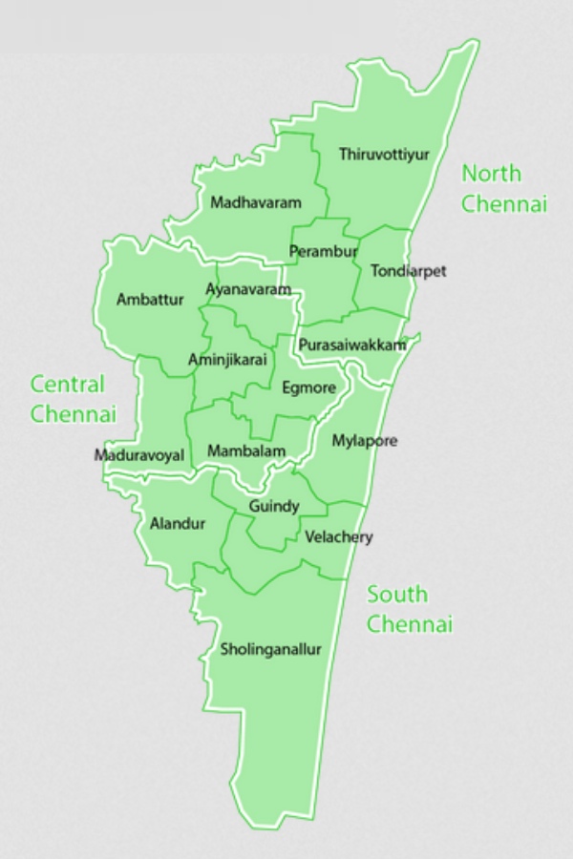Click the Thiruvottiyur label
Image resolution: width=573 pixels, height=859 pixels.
coord(385,154)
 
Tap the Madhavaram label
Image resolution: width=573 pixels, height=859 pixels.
coord(256,202)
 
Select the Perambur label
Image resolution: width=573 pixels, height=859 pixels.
coord(323,252)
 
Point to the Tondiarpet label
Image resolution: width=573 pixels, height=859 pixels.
coord(408,271)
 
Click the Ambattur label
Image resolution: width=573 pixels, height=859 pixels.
coord(150,299)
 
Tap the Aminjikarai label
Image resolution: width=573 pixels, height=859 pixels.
coord(228,359)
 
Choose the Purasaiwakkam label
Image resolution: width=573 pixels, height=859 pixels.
coord(352,345)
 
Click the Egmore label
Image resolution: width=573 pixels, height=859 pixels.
coord(309,388)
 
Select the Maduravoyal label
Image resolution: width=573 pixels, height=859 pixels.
coord(139,455)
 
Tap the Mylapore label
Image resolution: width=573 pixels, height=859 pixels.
coord(364,441)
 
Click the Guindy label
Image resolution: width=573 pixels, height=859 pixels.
coord(274,506)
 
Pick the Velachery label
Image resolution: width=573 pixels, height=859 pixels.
coord(339,537)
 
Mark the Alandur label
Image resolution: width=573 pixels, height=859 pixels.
coord(178,523)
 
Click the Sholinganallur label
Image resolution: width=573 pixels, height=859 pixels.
coord(271,649)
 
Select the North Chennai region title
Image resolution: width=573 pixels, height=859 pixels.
coord(503,188)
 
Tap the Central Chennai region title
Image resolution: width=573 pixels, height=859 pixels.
coord(73,399)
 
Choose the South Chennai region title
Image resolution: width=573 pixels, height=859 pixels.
coord(410,610)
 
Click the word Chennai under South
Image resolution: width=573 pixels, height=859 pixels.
coord(410,625)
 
